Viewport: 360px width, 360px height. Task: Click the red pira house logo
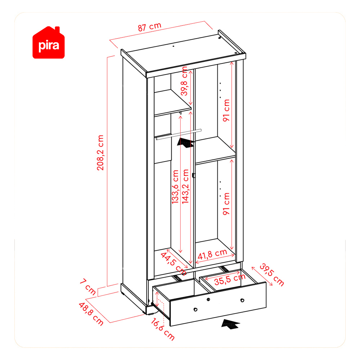[49, 43]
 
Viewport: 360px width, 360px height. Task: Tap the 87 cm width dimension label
[149, 27]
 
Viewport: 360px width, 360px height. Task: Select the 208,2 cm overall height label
[100, 153]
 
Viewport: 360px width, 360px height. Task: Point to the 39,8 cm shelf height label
[184, 81]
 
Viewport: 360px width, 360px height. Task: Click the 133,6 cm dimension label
[175, 186]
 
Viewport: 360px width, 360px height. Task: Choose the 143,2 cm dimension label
[185, 186]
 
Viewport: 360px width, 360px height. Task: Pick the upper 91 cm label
[226, 110]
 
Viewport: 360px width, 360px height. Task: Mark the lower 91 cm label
[226, 204]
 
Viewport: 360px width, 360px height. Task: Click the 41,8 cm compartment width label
[212, 254]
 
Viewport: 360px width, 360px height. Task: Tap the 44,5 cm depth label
[174, 264]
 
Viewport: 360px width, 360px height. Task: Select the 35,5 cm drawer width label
[230, 279]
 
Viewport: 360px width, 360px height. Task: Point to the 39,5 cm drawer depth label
[272, 275]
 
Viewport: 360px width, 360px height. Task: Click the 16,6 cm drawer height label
[163, 329]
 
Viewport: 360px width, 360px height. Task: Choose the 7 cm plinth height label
[88, 287]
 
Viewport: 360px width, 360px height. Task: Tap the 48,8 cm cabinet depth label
[91, 314]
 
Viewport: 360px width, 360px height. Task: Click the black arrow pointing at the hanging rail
[186, 143]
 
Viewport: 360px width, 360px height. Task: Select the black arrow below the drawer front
[230, 324]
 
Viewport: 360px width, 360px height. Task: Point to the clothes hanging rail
[179, 134]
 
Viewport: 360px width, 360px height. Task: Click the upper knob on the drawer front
[208, 300]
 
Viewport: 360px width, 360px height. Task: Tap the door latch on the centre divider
[194, 175]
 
